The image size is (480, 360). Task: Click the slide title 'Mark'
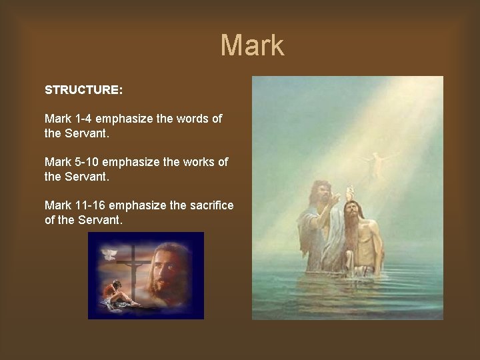(x=252, y=45)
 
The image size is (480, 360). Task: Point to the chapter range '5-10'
(x=86, y=162)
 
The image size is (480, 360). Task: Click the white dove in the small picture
(x=109, y=254)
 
